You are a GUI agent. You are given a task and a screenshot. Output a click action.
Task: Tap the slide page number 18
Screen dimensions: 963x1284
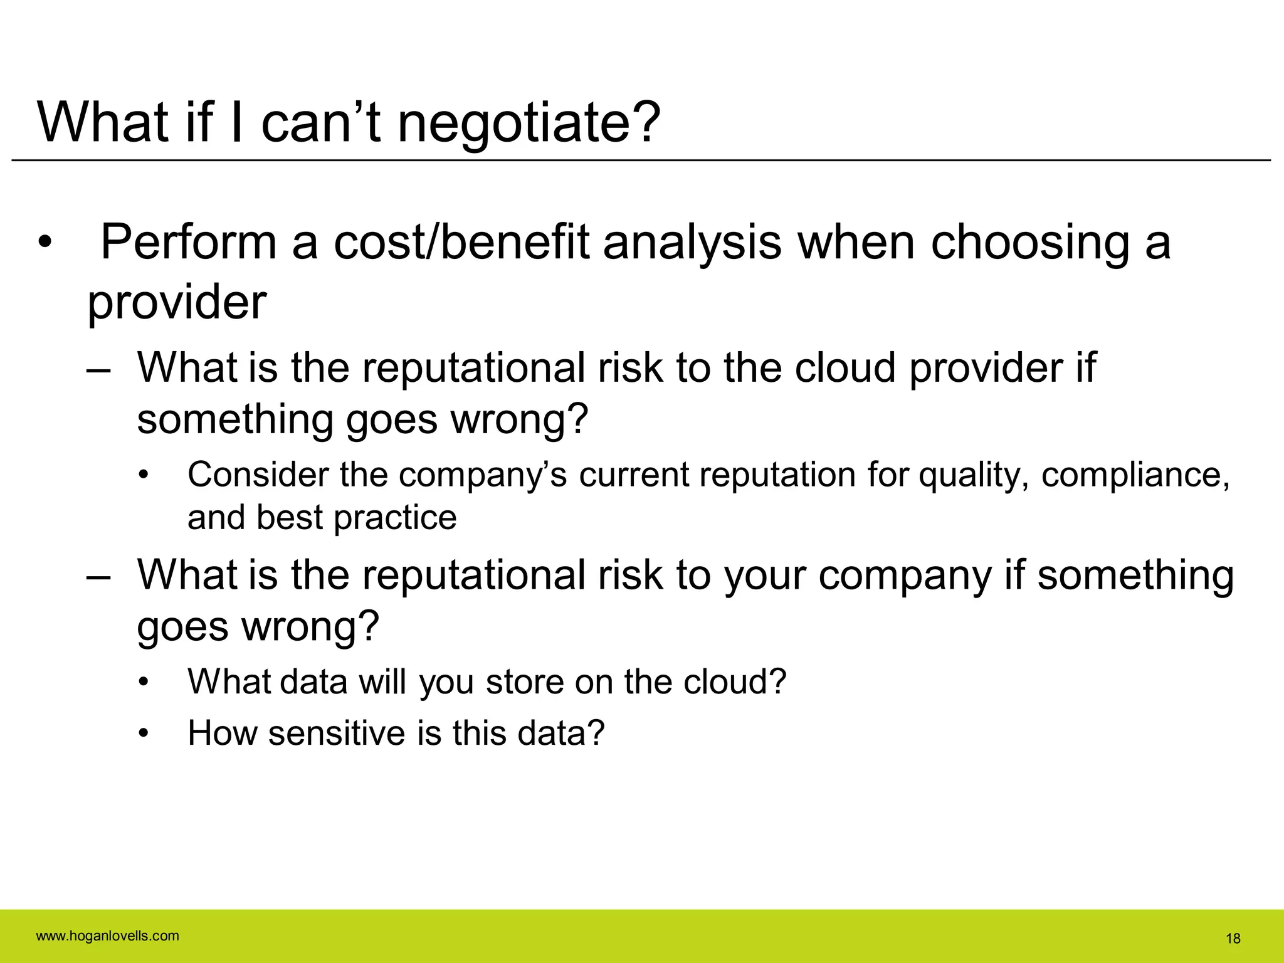pos(1233,939)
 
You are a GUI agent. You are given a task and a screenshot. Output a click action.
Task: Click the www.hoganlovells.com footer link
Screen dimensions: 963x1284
pos(107,936)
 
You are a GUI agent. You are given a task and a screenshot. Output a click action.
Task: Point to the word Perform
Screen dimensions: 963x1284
pos(188,243)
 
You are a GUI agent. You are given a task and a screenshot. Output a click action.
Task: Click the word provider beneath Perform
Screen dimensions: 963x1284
pos(176,303)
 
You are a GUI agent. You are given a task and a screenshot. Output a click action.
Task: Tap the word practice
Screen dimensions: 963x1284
pos(395,518)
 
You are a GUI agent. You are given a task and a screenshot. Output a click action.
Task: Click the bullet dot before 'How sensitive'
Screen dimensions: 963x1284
pos(144,734)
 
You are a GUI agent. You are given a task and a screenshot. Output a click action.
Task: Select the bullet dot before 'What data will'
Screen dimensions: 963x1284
pos(144,683)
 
